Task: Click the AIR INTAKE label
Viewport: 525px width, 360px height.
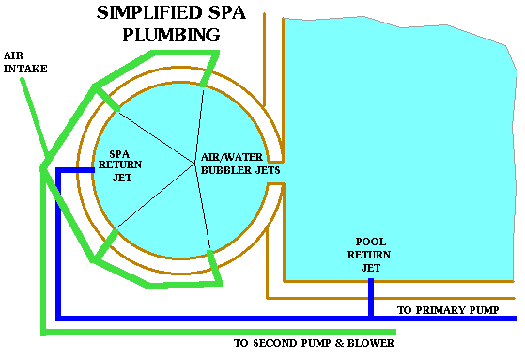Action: [x=25, y=62]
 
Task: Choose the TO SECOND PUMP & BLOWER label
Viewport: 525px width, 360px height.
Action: [x=314, y=343]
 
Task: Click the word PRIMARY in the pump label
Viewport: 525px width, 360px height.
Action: [x=445, y=309]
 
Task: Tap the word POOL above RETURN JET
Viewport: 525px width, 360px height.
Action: [x=370, y=241]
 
